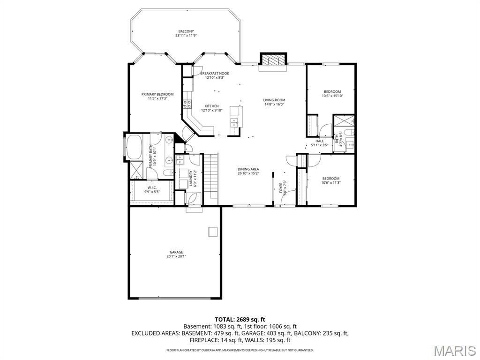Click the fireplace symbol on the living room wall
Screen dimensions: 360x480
tap(272, 60)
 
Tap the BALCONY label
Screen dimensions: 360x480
tap(186, 31)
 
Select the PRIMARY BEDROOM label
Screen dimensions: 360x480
tap(157, 94)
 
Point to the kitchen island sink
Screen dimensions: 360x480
tap(233, 123)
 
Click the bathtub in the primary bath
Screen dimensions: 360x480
tap(135, 147)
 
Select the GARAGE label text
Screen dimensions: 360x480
tap(176, 252)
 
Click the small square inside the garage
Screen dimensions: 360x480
tap(213, 231)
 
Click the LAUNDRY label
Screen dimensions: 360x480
tap(191, 178)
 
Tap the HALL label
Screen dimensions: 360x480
tap(320, 141)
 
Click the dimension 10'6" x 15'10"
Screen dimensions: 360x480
tap(332, 96)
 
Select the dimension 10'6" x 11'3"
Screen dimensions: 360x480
tap(331, 183)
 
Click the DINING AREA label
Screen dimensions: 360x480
tap(248, 169)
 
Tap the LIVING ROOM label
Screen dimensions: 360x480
tap(274, 100)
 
